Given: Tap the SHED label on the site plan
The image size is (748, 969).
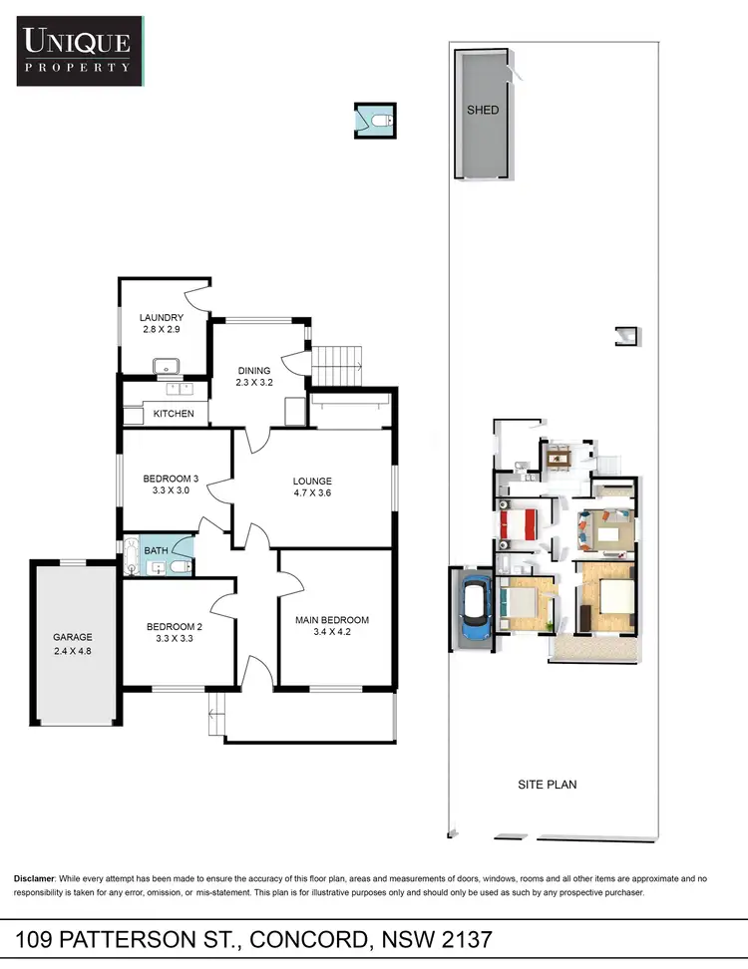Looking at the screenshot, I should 483,110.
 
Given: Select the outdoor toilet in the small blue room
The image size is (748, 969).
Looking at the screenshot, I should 381,122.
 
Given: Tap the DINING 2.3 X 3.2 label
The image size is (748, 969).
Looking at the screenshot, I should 253,376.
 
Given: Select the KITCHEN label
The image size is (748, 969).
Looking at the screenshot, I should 174,414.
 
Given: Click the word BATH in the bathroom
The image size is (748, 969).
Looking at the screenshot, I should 157,549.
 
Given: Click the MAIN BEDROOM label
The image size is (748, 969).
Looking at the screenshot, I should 331,625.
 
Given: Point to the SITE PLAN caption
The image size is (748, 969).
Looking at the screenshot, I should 547,785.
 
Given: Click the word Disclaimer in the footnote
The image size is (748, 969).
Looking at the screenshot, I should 38,878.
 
